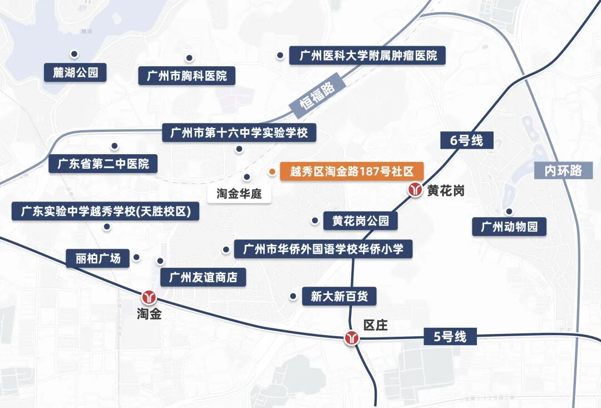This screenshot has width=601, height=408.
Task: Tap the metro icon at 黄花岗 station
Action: [x=415, y=190]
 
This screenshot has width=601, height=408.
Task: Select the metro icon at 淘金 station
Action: [x=149, y=297]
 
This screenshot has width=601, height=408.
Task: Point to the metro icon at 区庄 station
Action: [x=352, y=338]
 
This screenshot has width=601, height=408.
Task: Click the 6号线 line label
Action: [x=466, y=140]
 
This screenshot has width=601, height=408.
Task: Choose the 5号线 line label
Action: [x=450, y=337]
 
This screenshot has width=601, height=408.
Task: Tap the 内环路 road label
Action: [x=563, y=170]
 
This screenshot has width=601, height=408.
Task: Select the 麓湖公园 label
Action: [x=76, y=72]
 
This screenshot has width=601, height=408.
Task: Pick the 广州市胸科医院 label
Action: [x=187, y=76]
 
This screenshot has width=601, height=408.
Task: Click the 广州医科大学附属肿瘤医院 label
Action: [x=368, y=56]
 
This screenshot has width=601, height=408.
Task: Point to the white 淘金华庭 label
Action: [x=243, y=194]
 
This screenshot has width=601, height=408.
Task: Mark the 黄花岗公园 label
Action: [x=361, y=221]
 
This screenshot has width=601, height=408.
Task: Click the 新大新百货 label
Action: [x=339, y=296]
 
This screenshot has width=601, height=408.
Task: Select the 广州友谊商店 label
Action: [x=203, y=277]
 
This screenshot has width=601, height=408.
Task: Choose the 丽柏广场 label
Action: [x=97, y=258]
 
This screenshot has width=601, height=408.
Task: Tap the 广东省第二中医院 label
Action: [x=103, y=164]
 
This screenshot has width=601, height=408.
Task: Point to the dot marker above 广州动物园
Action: [x=509, y=211]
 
